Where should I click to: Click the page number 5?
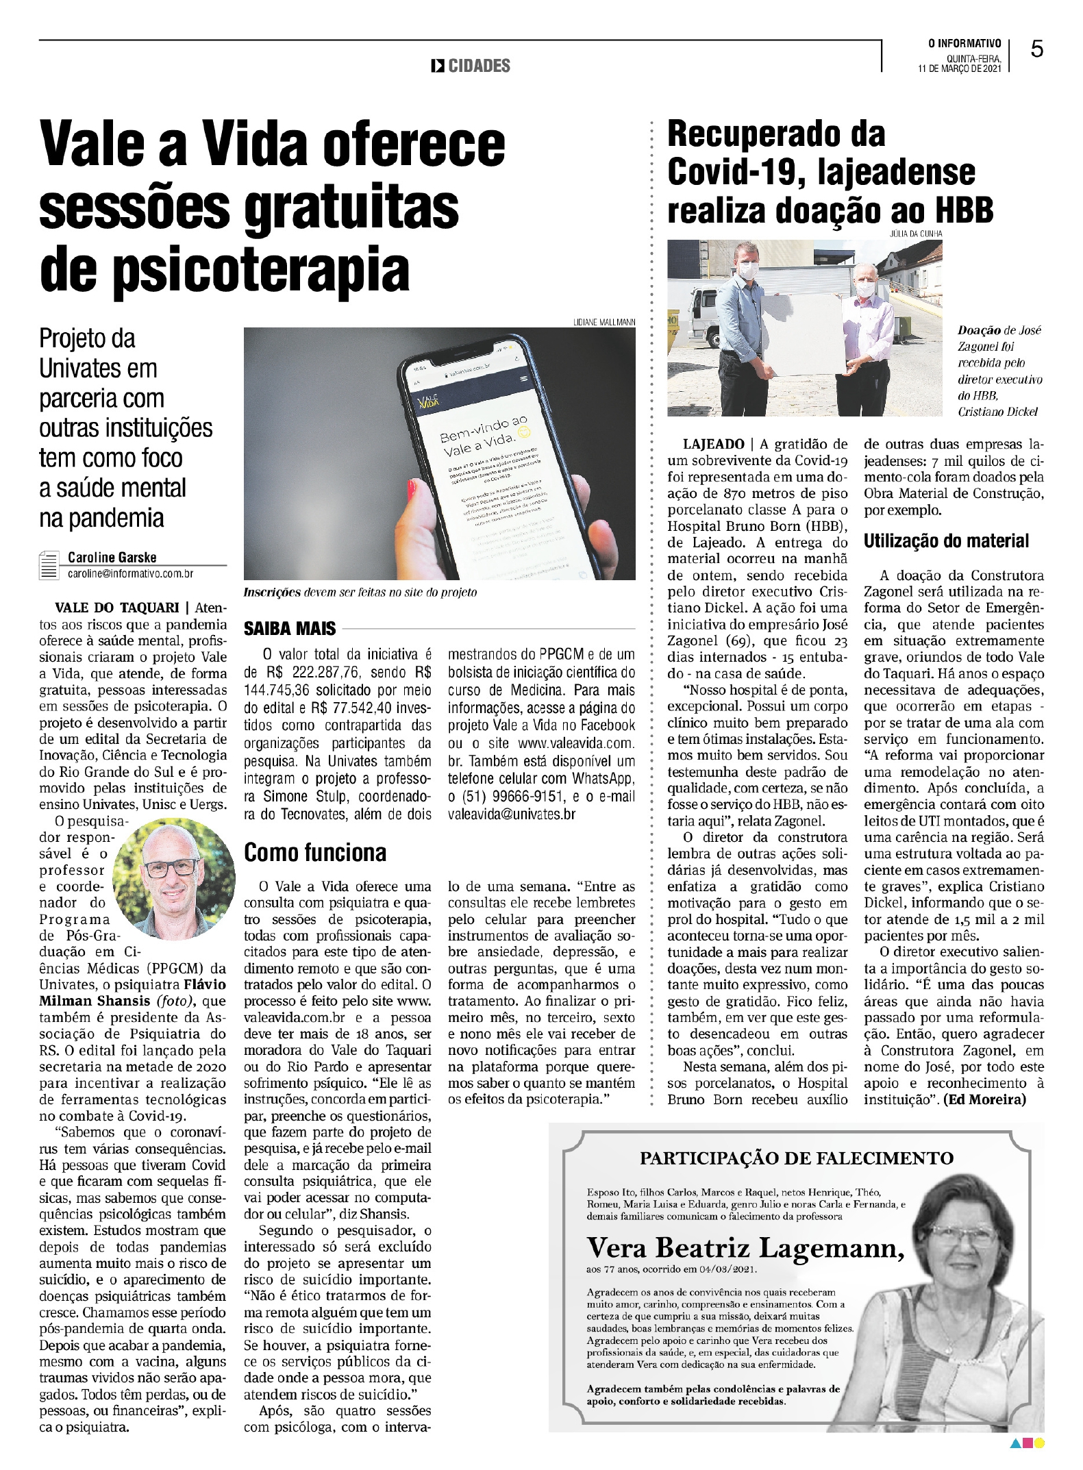tap(1037, 49)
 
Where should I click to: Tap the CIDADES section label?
tap(479, 66)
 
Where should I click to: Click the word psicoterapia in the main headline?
tap(261, 271)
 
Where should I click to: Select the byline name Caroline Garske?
tap(112, 557)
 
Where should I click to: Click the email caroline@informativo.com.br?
tap(130, 573)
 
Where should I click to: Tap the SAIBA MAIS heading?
tap(290, 628)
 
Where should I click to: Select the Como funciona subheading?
tap(315, 852)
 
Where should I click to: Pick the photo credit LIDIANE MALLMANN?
tap(604, 322)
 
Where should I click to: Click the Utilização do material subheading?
tap(946, 541)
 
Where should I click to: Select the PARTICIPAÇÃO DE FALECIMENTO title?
tap(796, 1158)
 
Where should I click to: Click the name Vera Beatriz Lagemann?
tap(745, 1247)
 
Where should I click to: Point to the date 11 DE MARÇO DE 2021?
tap(959, 68)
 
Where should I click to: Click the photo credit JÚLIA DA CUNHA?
tap(915, 234)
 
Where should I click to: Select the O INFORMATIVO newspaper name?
tap(964, 44)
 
